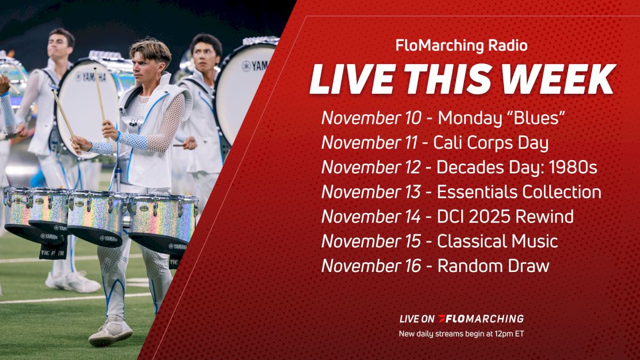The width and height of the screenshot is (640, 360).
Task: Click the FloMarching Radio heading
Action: coord(461,46)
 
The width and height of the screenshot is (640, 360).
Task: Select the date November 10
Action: coord(371,118)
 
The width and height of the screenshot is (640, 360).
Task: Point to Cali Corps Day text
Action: coord(491,143)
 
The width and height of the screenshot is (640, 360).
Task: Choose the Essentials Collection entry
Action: coord(519,192)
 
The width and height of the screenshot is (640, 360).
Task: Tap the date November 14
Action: coord(371,217)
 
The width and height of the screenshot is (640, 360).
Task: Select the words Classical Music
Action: coord(497,241)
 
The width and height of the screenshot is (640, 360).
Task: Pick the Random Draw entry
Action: coord(493,266)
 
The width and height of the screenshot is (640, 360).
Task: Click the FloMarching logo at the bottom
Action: coord(480,319)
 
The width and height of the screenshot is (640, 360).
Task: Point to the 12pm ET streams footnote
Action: coord(461,334)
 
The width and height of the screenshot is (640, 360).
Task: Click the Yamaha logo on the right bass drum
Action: coord(253,67)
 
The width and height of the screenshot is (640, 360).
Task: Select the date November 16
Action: coord(371,266)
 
